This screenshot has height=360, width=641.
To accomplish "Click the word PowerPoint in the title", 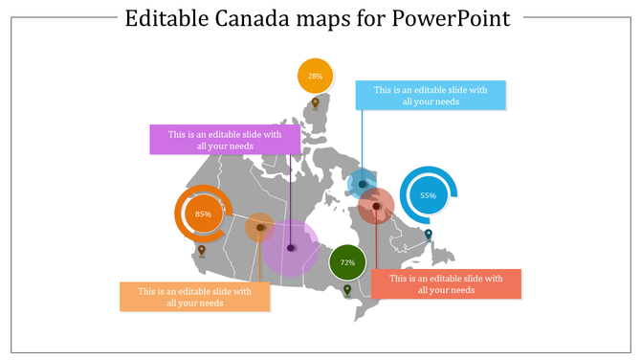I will coord(451,19).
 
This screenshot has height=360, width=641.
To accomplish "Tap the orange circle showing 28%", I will coord(315,75).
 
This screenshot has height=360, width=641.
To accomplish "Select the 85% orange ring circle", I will coord(203,214).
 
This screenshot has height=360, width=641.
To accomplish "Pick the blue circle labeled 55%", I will coord(428,195).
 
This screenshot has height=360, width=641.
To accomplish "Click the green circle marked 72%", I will coord(347,262).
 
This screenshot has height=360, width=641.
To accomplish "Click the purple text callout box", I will coord(225,140).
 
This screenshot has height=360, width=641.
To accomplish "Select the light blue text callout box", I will coord(431,96).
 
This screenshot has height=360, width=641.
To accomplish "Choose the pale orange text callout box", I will coord(194,297).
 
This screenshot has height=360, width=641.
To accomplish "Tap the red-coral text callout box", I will coord(446,284).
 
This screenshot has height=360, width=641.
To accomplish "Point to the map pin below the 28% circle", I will coord(315,103).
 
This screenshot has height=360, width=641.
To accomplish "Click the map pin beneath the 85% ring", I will coord(201,252).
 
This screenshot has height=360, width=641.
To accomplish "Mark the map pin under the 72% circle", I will coord(347,290).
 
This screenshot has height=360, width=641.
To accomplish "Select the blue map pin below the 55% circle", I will coord(429,235).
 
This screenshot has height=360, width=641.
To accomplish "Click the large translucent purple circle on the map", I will coord(291,248).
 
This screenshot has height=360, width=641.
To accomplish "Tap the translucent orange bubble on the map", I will coord(259,228).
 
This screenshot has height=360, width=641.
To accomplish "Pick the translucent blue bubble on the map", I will coord(362,183).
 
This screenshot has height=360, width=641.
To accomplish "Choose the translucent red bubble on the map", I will coord(377,206).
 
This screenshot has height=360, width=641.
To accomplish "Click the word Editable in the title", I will coord(166,19).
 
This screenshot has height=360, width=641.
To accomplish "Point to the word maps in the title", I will coord(324,19).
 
